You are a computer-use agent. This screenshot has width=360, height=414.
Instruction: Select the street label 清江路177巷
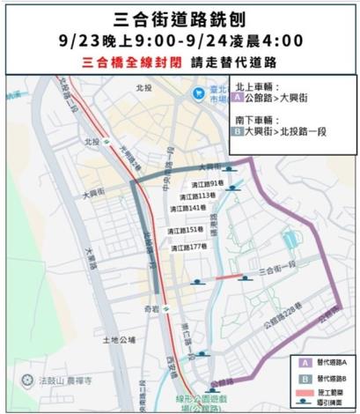[187, 246]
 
